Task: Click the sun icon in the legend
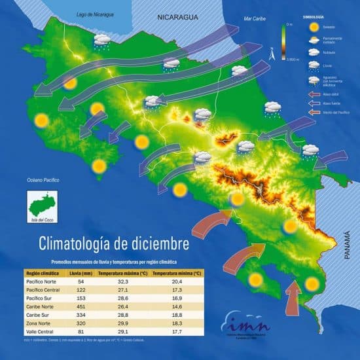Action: coord(315,27)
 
